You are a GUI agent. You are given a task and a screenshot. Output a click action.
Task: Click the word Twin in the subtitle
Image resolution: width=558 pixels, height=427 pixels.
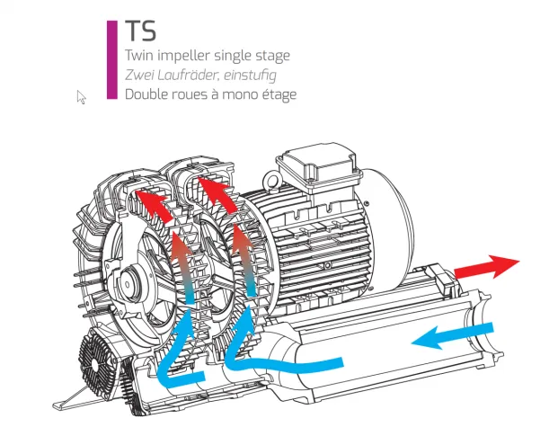tap(140, 56)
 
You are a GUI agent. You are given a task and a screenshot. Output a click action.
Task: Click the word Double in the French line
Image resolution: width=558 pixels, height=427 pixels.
tap(147, 93)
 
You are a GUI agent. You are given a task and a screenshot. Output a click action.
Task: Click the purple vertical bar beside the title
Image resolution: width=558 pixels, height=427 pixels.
tap(111, 59)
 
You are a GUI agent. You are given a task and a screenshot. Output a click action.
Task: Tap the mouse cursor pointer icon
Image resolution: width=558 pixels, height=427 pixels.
tap(81, 97)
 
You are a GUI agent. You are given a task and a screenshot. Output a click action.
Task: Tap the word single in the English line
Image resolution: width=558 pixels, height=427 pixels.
tap(236, 56)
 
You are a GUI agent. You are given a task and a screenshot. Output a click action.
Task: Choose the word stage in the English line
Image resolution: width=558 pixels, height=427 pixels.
tap(274, 56)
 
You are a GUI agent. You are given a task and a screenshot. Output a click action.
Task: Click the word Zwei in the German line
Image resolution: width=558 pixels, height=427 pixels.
tap(140, 75)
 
